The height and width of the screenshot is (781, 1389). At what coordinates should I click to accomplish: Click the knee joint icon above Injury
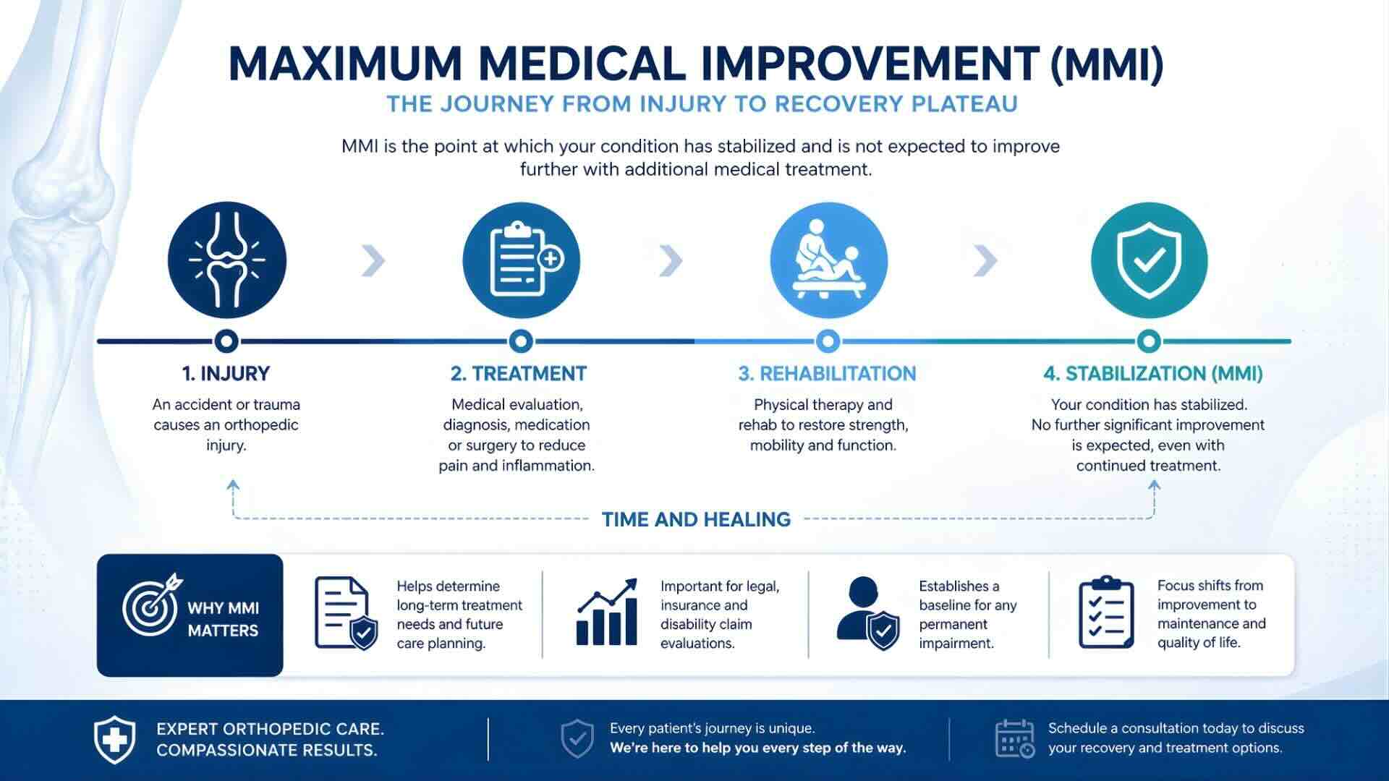[x=226, y=260]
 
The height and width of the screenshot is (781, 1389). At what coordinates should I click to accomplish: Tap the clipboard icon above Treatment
[x=521, y=260]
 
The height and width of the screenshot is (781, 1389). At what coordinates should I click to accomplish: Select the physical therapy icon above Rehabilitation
[x=828, y=260]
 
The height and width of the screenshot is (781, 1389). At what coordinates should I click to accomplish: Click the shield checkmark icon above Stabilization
[x=1149, y=260]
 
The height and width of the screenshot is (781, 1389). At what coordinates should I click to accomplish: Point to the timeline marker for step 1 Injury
[x=226, y=341]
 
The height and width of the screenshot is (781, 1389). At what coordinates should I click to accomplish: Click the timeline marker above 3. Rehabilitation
[x=828, y=341]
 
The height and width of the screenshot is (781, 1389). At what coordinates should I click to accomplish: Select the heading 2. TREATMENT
[x=518, y=374]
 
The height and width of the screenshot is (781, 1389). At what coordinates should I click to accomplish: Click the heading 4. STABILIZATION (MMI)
[x=1152, y=374]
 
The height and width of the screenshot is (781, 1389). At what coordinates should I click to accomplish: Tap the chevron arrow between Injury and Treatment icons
[x=373, y=261]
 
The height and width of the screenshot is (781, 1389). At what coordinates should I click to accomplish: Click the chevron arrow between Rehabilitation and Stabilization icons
[x=985, y=261]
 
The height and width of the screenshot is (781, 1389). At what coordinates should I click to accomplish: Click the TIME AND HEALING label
[x=696, y=519]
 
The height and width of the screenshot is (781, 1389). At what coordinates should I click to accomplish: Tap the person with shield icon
[x=867, y=613]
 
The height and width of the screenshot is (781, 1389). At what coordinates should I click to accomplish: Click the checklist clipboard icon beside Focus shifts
[x=1105, y=613]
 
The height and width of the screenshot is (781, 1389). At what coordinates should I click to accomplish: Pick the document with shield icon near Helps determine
[x=345, y=613]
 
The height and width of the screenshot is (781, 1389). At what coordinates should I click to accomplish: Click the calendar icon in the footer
[x=1014, y=739]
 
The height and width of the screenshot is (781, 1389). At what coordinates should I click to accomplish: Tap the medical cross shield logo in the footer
[x=114, y=739]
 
